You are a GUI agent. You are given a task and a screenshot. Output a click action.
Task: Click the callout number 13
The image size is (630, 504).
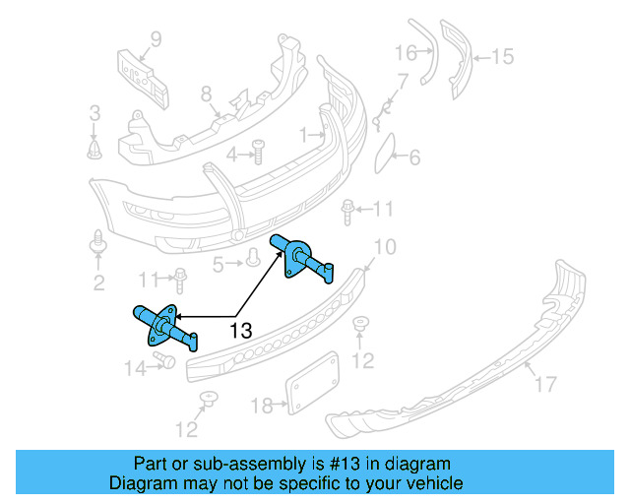(x=242, y=331)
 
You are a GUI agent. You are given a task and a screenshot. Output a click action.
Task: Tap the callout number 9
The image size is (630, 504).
(x=156, y=40)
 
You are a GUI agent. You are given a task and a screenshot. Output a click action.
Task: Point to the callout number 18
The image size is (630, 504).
(x=261, y=405)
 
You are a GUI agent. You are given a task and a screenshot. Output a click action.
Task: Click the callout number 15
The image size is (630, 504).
(x=502, y=57)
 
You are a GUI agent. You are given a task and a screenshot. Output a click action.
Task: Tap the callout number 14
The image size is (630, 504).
(x=134, y=368)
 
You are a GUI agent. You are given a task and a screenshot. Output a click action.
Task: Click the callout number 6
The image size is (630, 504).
(x=414, y=157)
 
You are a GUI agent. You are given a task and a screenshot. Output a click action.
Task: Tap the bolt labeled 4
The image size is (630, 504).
(x=259, y=151)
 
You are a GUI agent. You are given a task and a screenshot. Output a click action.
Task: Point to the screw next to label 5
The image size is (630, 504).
(x=252, y=259)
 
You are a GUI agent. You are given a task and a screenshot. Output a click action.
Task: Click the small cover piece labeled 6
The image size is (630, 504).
(x=384, y=151)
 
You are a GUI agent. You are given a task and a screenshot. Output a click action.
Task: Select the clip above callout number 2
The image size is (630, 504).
(x=99, y=240)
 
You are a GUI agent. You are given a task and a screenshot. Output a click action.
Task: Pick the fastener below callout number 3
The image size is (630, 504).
(x=94, y=149)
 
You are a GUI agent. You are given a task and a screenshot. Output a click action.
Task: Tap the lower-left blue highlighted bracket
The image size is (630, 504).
(x=165, y=326)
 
